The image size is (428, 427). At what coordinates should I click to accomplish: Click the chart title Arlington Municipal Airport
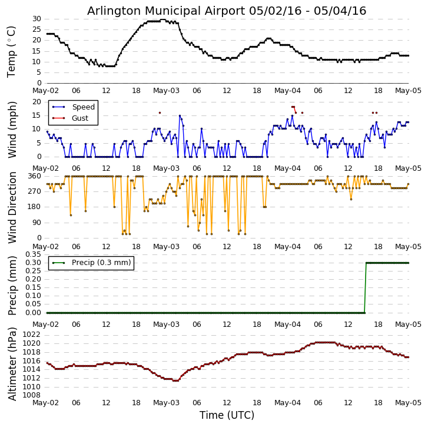point(227,11)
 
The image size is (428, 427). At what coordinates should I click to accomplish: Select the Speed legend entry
point(83,107)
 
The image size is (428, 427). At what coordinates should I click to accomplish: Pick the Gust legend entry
point(79,118)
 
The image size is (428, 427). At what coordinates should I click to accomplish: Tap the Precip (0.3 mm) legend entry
point(101,263)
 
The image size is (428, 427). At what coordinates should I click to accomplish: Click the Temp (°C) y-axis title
point(12,51)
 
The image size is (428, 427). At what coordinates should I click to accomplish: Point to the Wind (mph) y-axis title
point(12,129)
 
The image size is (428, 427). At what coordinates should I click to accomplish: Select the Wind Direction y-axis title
point(12,207)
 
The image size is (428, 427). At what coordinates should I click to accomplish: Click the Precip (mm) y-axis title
point(12,285)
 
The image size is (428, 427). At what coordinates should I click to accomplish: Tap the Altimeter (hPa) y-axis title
point(12,363)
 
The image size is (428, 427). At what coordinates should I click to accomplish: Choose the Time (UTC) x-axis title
point(227,415)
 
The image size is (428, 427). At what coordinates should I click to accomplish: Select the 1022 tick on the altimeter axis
point(31,335)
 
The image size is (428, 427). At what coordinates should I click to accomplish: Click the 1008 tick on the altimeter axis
point(31,395)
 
